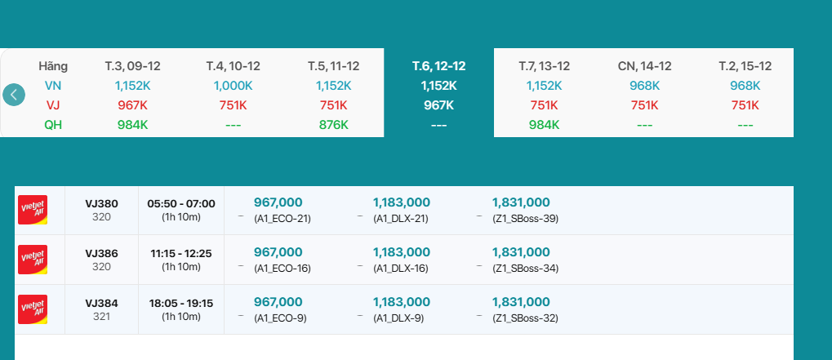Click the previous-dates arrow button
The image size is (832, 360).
pos(14,95)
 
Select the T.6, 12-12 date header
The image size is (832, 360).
pos(438,66)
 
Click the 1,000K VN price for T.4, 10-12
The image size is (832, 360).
pos(233,86)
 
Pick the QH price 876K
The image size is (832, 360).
pos(333,125)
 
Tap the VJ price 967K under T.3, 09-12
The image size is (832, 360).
pos(131,105)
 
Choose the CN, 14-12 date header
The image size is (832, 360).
pos(644,66)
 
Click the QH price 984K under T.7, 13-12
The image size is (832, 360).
pos(544,125)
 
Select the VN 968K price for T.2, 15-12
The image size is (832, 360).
pos(745,86)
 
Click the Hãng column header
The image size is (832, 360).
pos(53,66)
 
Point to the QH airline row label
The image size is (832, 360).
pos(53,125)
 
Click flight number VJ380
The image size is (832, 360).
pos(101,203)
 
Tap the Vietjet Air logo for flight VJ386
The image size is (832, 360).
pos(33,260)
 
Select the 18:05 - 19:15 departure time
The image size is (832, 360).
pos(180,303)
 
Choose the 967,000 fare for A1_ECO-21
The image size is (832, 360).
pos(278,202)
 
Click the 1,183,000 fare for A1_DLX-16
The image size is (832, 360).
pos(401,252)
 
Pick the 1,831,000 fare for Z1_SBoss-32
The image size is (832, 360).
pos(520,302)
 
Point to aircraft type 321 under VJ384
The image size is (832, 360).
pos(101,317)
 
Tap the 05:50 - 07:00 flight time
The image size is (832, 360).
pos(180,203)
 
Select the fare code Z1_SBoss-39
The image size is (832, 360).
pos(525,219)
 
